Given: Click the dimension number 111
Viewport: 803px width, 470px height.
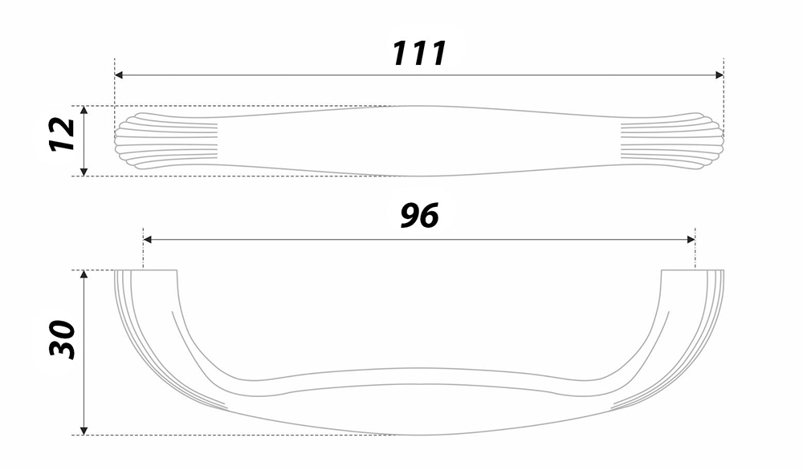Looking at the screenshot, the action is pos(419,53).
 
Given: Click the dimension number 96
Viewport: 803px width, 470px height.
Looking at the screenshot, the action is pos(419,215).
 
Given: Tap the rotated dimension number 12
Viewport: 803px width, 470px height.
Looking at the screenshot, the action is pos(63,134).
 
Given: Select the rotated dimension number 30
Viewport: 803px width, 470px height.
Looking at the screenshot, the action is pos(63,339).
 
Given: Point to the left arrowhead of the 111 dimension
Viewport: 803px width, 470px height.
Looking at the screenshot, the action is pos(119,75).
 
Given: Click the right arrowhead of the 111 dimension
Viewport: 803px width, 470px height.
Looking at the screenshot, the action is pos(719,75).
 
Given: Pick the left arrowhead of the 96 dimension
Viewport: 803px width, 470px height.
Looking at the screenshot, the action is pos(148,239).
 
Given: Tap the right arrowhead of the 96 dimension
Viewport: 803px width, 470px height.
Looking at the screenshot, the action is pos(691,239).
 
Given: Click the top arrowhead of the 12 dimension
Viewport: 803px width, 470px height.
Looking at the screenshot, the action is pos(84,111).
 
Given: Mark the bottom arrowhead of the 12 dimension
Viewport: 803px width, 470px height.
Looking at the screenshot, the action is pos(84,172).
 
